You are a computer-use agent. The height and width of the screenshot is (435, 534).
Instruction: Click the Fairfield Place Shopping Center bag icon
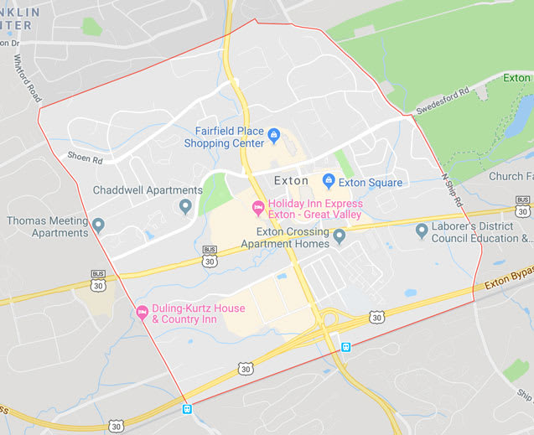273,132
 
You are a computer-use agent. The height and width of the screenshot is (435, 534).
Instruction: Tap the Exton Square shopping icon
329,181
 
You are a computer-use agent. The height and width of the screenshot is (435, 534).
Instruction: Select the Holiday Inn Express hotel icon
258,206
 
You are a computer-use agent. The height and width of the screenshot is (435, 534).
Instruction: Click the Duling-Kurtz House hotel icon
142,312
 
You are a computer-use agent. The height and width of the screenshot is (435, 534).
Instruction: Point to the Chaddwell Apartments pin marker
186,205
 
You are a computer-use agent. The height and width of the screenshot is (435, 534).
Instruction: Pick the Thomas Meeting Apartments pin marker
98,225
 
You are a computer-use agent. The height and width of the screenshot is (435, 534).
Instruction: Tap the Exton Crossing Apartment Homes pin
339,236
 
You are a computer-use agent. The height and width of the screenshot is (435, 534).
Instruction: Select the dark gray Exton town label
291,180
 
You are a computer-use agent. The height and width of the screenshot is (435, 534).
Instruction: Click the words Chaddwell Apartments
148,190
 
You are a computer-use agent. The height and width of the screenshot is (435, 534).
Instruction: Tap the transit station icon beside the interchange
345,345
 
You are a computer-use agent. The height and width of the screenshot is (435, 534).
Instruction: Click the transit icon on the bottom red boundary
187,409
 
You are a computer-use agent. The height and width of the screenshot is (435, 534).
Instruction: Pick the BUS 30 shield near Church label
523,205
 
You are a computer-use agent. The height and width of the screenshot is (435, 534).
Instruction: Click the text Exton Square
371,182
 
